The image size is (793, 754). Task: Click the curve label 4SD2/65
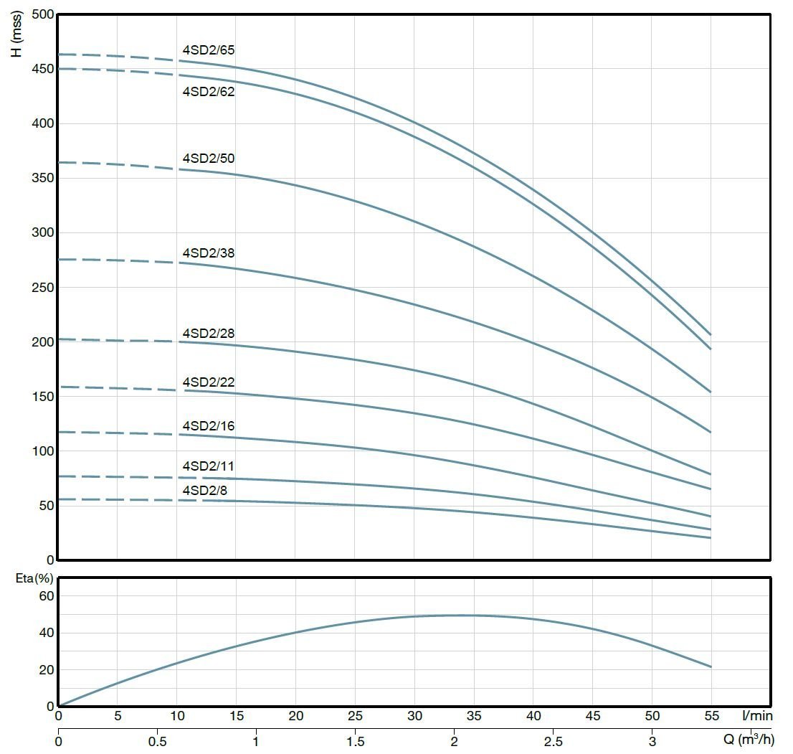click(209, 50)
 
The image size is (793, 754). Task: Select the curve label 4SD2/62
click(209, 92)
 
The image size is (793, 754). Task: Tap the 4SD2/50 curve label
click(209, 158)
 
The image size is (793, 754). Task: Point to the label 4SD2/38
click(209, 253)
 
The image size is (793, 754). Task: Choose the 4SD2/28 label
click(209, 334)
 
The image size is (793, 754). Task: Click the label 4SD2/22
click(209, 382)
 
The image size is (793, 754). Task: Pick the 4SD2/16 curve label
click(209, 426)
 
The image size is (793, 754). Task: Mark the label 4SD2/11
click(209, 466)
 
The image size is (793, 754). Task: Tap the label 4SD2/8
click(206, 491)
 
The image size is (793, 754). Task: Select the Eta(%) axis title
click(34, 579)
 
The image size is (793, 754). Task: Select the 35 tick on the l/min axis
click(474, 716)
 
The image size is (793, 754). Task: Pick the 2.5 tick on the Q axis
click(553, 740)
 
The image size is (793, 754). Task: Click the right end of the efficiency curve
click(711, 667)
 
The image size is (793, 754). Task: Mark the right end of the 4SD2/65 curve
click(711, 334)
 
